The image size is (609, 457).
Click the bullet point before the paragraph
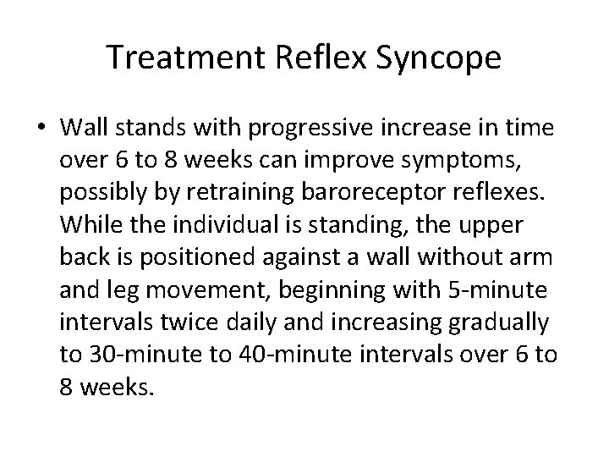tap(41, 129)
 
